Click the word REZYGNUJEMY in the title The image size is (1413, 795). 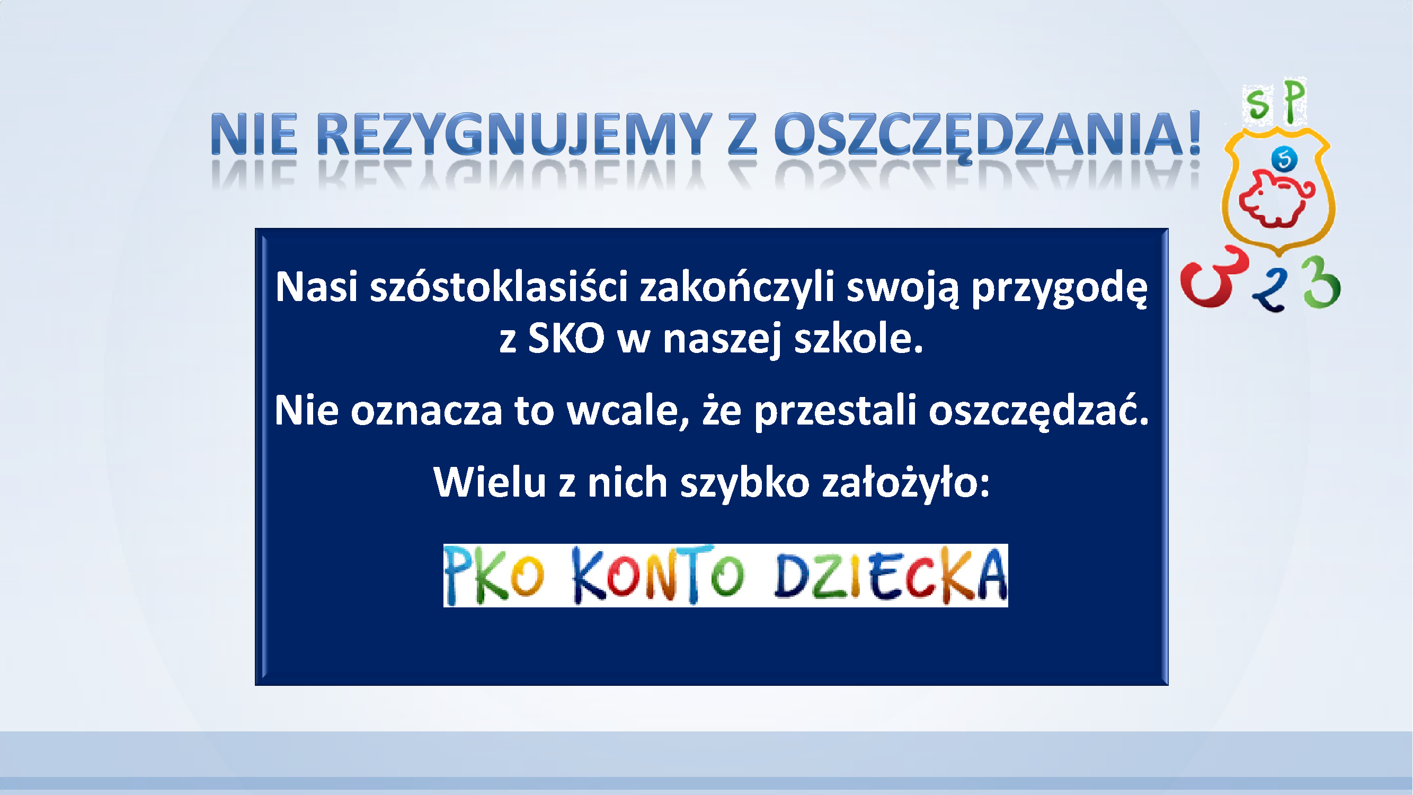click(x=514, y=135)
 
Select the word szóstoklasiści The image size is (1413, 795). click(x=499, y=287)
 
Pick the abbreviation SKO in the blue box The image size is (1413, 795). click(x=566, y=339)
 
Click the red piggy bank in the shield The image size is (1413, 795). click(x=1276, y=199)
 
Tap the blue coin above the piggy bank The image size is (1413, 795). click(x=1285, y=160)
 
